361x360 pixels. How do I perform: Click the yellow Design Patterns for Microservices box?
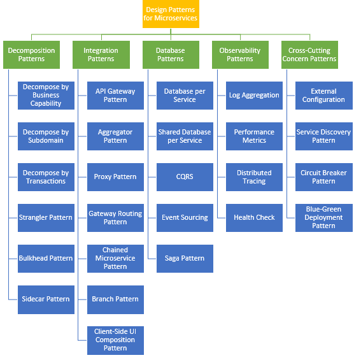click(x=171, y=14)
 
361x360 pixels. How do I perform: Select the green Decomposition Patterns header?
click(x=31, y=55)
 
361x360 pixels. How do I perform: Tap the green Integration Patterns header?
click(x=101, y=55)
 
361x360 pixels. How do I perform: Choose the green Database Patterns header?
click(x=171, y=55)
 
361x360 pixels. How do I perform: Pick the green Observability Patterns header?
click(x=240, y=55)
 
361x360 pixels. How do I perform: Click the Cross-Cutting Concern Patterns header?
click(x=309, y=55)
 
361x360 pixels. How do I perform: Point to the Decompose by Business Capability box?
click(x=46, y=95)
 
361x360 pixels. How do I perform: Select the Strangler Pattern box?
click(x=46, y=217)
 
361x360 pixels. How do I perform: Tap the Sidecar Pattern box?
click(x=46, y=299)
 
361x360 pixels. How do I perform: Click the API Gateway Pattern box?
click(x=115, y=95)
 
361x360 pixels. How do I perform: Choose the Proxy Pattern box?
click(x=115, y=176)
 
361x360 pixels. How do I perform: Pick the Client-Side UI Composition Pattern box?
click(x=115, y=340)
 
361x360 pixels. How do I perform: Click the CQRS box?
click(x=185, y=176)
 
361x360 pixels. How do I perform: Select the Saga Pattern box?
click(x=185, y=258)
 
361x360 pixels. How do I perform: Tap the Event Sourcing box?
click(x=185, y=217)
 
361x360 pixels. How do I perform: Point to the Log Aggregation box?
click(x=254, y=95)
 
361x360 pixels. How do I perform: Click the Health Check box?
click(x=254, y=217)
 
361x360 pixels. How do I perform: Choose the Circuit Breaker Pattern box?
click(x=323, y=176)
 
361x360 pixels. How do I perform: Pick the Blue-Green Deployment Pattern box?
click(x=323, y=217)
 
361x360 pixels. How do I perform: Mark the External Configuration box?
click(x=323, y=95)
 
